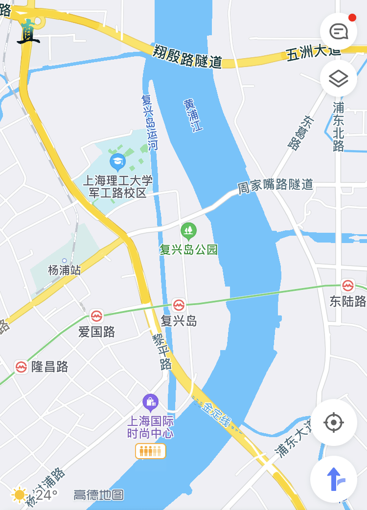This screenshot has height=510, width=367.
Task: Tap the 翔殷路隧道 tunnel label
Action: pos(187,57)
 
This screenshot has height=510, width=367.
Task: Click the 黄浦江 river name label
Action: pos(193,115)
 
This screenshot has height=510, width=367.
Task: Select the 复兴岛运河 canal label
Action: pos(150,122)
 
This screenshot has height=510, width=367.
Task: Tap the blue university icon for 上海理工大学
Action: pos(117,160)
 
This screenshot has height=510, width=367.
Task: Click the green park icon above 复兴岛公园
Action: pos(188,230)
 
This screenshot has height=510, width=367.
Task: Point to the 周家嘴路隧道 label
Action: pos(275,186)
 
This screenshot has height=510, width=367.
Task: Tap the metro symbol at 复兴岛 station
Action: pos(179,305)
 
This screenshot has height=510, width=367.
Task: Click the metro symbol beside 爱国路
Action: pos(96,316)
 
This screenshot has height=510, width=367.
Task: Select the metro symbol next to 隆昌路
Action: pos(21,367)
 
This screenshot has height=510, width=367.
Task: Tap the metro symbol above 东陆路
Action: pos(348,286)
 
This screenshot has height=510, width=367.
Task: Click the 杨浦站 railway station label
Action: pos(64,269)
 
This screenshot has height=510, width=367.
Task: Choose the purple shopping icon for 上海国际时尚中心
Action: pos(150,402)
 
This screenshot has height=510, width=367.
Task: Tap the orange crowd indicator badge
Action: pos(150,451)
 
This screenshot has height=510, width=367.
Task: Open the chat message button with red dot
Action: pos(339,32)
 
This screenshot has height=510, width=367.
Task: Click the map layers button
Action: pos(339,78)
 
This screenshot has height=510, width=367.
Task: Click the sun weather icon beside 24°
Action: pos(20,494)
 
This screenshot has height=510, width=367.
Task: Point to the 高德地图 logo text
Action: pos(99,495)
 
